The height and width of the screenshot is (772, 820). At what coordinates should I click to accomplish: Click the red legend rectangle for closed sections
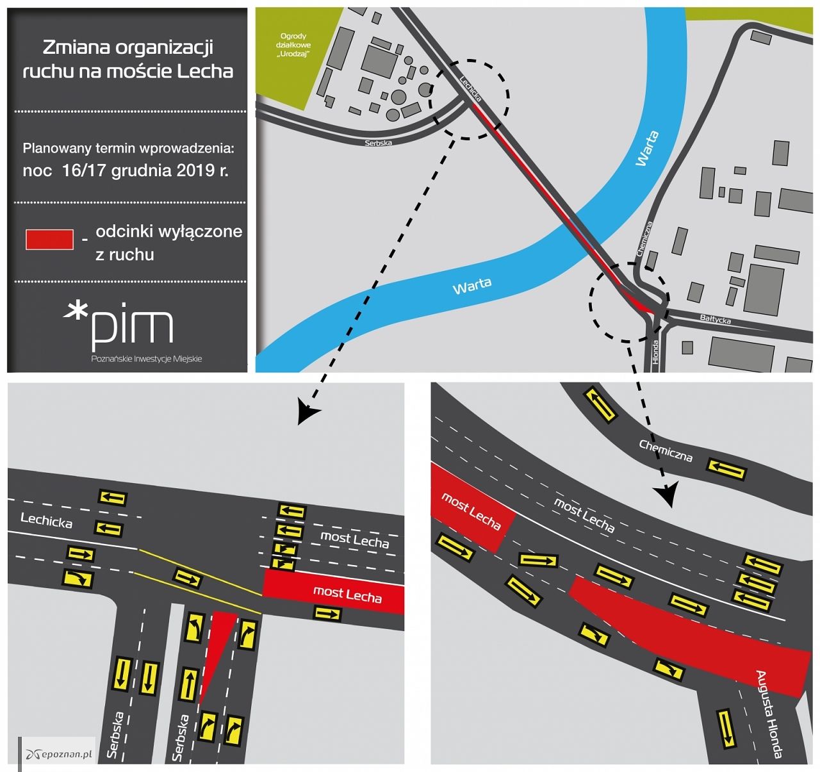49,240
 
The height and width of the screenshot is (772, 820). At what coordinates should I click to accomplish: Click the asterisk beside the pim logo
76,312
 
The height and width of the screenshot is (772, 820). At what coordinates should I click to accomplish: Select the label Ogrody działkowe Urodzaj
293,45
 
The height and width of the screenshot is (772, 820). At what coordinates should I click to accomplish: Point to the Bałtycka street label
715,319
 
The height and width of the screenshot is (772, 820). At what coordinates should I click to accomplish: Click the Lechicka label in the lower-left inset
46,520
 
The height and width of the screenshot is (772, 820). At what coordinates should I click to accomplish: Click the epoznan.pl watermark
59,754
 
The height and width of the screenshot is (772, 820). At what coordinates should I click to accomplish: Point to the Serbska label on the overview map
378,143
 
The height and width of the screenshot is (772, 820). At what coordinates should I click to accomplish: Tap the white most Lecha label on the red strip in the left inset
347,594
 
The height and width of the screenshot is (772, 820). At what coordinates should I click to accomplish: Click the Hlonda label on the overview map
655,352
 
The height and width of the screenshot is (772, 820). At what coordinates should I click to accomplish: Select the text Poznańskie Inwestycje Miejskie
147,359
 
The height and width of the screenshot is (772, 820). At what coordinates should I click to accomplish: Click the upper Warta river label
647,148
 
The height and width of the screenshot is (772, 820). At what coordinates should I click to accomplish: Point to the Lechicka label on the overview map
470,88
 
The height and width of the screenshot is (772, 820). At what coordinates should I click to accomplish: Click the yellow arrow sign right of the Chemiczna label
726,469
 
